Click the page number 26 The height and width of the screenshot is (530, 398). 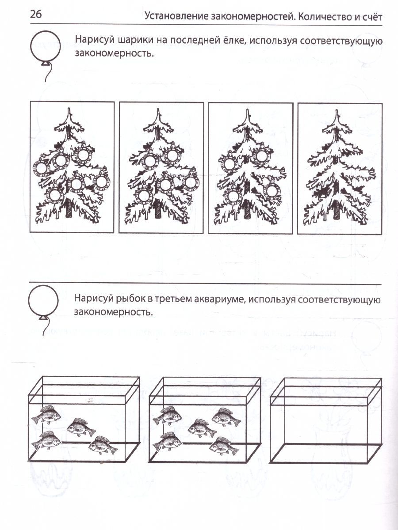(x=36, y=15)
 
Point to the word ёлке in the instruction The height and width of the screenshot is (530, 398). (x=232, y=40)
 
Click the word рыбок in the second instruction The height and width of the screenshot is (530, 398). (x=130, y=299)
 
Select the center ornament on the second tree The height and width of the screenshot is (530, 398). (x=165, y=184)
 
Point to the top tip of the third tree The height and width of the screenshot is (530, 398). (x=248, y=109)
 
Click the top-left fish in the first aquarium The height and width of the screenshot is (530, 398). (x=46, y=414)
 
